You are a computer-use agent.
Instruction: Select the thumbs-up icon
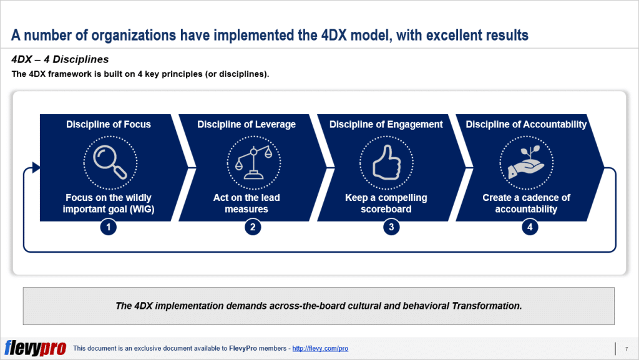point(386,162)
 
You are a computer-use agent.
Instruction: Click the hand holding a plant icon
point(525,162)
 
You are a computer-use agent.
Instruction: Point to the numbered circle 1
point(109,228)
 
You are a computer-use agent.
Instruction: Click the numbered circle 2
point(253,228)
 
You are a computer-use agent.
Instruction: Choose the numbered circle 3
point(391,228)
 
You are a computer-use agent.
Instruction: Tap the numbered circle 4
point(530,228)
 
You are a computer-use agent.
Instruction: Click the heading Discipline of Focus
point(109,124)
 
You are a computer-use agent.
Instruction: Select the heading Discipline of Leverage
point(246,124)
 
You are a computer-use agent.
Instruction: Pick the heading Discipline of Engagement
point(386,124)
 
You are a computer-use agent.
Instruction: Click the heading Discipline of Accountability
point(526,124)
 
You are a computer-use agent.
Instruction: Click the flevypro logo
point(35,348)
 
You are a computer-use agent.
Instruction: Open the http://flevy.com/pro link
point(320,348)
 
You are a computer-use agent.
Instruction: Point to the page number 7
point(626,348)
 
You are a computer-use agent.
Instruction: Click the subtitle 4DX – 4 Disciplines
point(60,60)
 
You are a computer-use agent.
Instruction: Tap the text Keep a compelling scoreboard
point(386,203)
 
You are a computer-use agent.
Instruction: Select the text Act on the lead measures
point(246,203)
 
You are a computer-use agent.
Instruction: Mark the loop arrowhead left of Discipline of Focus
point(36,167)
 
